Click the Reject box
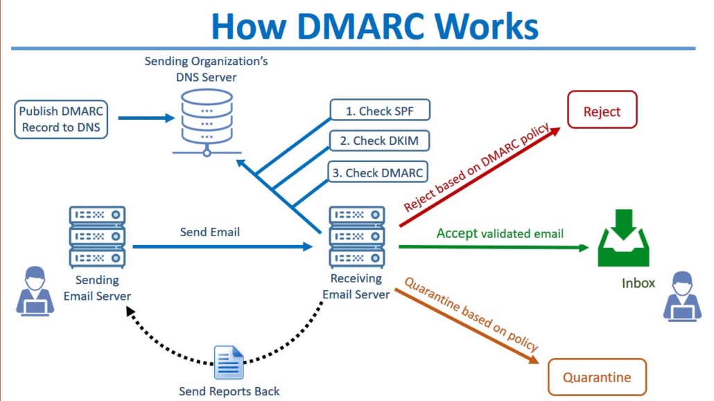pos(602,112)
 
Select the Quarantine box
pos(597,377)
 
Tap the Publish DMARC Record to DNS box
pos(61,118)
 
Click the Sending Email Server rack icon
pos(97,237)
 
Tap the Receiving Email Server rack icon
pos(356,237)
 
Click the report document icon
pos(229,362)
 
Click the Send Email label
pos(210,232)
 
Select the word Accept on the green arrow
pos(457,233)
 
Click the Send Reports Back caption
pos(229,391)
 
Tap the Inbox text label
pos(638,283)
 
